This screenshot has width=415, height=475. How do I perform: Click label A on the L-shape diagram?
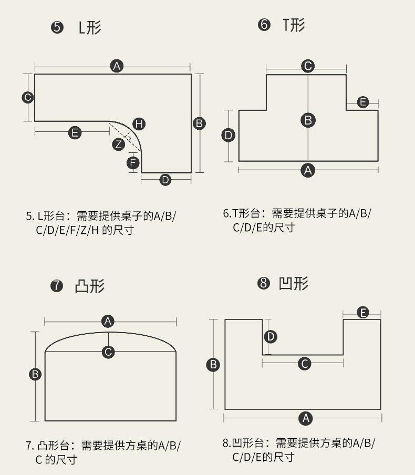[117, 66]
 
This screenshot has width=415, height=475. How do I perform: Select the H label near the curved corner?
[139, 124]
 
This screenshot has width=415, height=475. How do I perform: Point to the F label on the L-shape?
[133, 162]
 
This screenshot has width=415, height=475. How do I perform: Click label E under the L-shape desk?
[75, 132]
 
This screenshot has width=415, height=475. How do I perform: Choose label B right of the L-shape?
[199, 123]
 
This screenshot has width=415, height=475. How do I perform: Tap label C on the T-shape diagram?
[308, 66]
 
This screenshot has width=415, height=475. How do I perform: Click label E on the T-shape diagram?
[363, 102]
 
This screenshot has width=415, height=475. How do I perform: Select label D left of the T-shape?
[229, 136]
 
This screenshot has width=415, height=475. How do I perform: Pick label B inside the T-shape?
[308, 120]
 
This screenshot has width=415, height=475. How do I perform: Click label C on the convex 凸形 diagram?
[108, 352]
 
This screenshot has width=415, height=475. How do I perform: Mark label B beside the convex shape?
[35, 374]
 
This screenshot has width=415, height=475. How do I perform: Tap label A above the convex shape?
[108, 321]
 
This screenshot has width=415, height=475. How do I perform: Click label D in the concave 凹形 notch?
[271, 336]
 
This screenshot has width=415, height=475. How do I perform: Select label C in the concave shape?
[304, 364]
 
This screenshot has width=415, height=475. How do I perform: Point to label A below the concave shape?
[305, 418]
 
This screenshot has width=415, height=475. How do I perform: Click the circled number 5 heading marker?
[57, 27]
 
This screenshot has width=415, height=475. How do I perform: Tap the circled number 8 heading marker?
[263, 284]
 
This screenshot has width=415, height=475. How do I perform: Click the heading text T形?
[294, 25]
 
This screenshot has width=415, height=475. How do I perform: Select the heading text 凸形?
[90, 286]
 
